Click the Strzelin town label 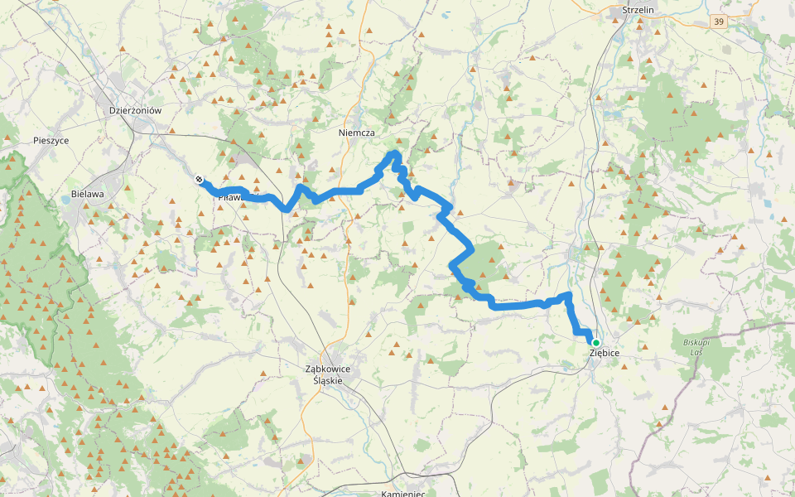coord(638,11)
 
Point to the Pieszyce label coord(51,141)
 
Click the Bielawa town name coord(88,194)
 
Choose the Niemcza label coord(357,133)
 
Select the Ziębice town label coord(605,353)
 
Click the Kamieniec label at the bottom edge coord(403,493)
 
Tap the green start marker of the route coord(595,342)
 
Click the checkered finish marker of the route coord(199,179)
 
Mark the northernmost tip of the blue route coord(395,153)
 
